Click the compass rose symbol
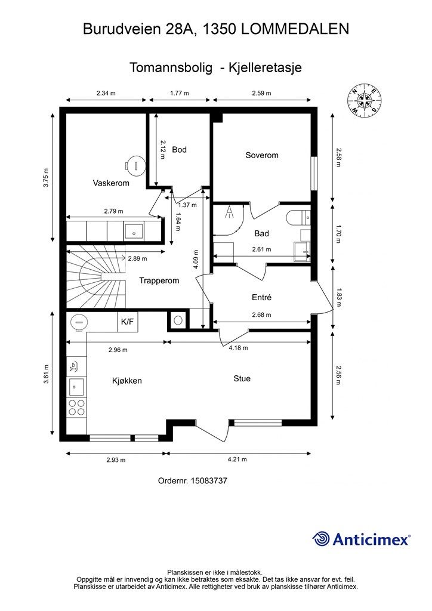[364, 100]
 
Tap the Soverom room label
[262, 155]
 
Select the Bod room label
[179, 150]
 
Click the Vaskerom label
[111, 183]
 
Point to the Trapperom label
[159, 280]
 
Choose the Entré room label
[261, 297]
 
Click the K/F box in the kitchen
[127, 322]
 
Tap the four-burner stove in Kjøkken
[77, 408]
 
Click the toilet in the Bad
[298, 217]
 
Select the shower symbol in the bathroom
[230, 212]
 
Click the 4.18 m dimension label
[238, 348]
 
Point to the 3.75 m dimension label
[46, 178]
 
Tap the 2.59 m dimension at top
[262, 93]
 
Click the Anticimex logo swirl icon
[321, 539]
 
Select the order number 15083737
[209, 480]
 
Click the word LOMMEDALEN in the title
[295, 29]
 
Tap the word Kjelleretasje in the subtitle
[266, 67]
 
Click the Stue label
[242, 378]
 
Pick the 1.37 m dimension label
[187, 205]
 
